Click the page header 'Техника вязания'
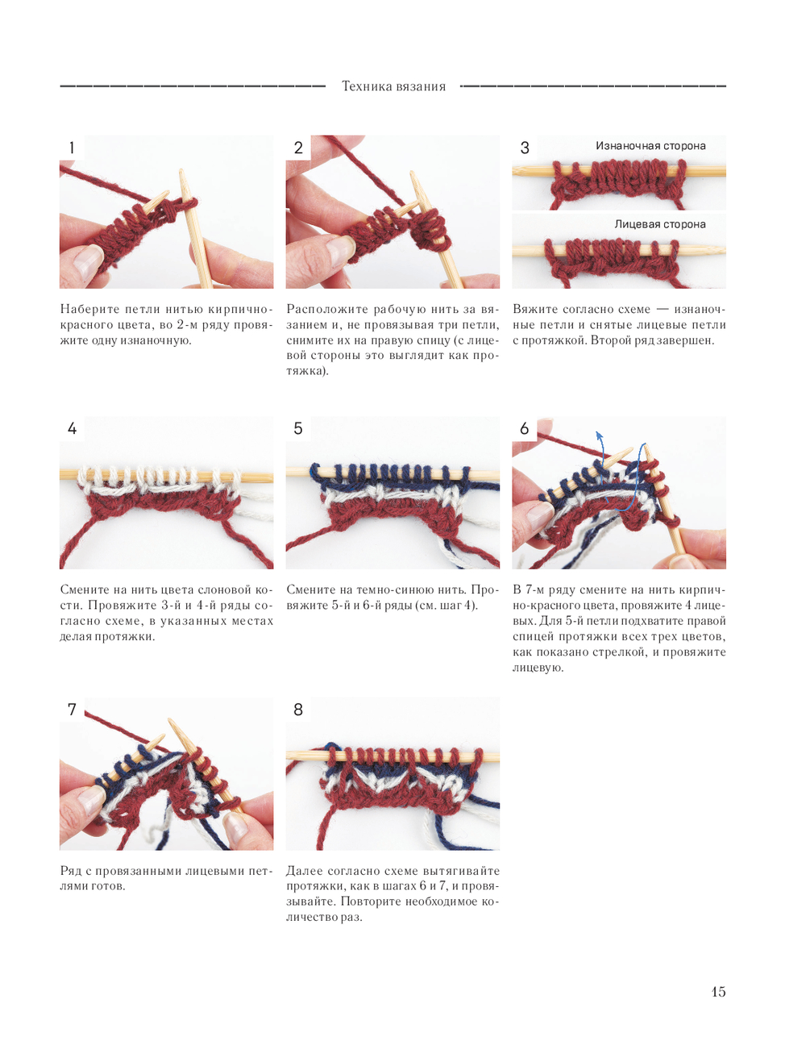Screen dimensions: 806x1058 pyautogui.click(x=393, y=86)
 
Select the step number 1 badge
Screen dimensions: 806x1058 pyautogui.click(x=72, y=148)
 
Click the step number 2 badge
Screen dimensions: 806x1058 pyautogui.click(x=298, y=148)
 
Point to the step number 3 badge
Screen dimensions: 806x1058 pyautogui.click(x=525, y=148)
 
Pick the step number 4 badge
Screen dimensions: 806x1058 pyautogui.click(x=72, y=428)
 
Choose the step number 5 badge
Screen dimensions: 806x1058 pyautogui.click(x=298, y=428)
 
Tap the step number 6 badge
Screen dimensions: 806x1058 pyautogui.click(x=525, y=428)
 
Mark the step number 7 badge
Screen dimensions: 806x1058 pyautogui.click(x=72, y=710)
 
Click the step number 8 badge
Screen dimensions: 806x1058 pyautogui.click(x=298, y=710)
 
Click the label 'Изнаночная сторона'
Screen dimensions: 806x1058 pyautogui.click(x=650, y=146)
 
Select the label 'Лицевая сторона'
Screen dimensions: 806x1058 pyautogui.click(x=660, y=224)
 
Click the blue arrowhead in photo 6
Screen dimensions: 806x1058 pyautogui.click(x=599, y=435)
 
